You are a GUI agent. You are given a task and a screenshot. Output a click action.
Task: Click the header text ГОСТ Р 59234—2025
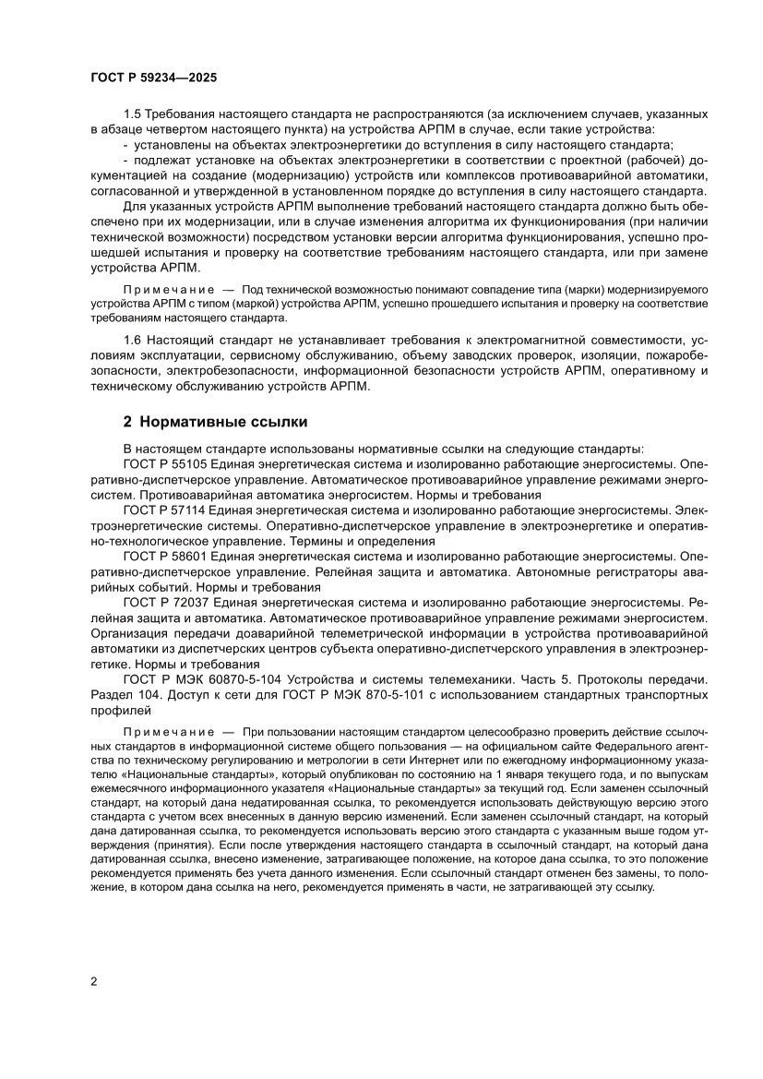point(153,78)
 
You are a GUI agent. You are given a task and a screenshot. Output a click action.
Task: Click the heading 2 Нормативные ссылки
point(215,424)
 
